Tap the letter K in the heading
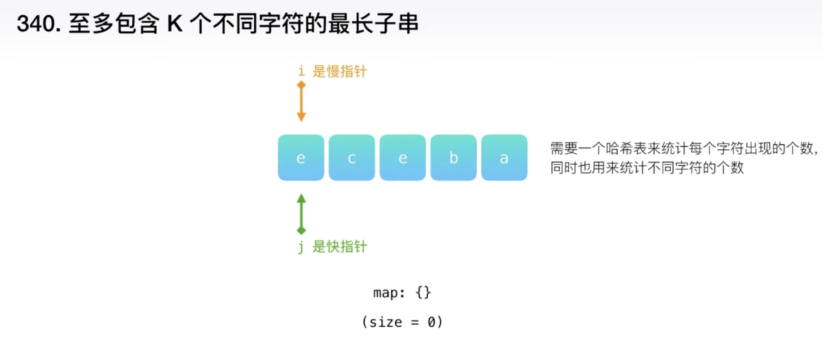[174, 24]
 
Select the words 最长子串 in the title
[372, 24]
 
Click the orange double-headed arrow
[301, 101]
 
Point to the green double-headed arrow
[301, 214]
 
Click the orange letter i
[301, 71]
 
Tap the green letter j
[301, 247]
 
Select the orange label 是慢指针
[340, 72]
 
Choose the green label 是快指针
[340, 247]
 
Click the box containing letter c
[352, 158]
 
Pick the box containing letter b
[454, 158]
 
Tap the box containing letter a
[504, 158]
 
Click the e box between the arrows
[301, 158]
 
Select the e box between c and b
[403, 158]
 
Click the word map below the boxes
[386, 293]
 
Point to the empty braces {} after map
[423, 292]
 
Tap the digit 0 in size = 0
[431, 322]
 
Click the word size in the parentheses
[386, 322]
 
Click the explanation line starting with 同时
[647, 168]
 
